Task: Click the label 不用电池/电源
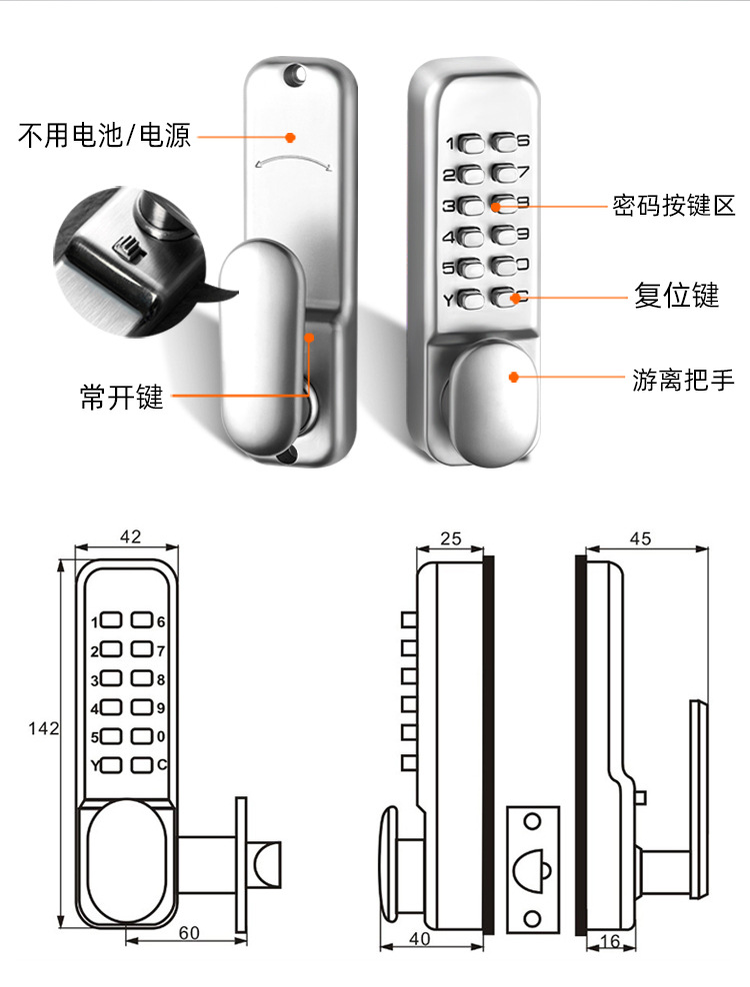pyautogui.click(x=104, y=136)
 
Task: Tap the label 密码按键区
pyautogui.click(x=674, y=207)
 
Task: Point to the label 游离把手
pyautogui.click(x=683, y=379)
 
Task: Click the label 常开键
pyautogui.click(x=121, y=397)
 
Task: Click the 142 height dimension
pyautogui.click(x=44, y=728)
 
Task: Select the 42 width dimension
pyautogui.click(x=130, y=536)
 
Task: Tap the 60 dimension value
pyautogui.click(x=189, y=932)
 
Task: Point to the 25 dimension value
pyautogui.click(x=450, y=538)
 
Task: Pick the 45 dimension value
pyautogui.click(x=640, y=538)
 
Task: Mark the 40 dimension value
pyautogui.click(x=420, y=939)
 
